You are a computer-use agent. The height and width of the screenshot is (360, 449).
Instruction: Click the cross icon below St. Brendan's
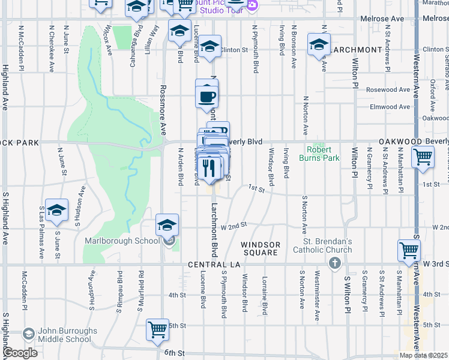(335, 263)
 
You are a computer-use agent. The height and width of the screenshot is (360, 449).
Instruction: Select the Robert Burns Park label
(323, 154)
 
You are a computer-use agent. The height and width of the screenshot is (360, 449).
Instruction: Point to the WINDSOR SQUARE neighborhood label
(261, 248)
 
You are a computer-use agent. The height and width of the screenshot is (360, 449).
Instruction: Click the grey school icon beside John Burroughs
(28, 334)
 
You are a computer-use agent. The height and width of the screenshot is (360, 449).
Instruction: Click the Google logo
(20, 353)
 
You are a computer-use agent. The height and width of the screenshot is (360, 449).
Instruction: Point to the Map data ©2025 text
(423, 355)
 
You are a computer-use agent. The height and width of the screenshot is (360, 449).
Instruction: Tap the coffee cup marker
(207, 96)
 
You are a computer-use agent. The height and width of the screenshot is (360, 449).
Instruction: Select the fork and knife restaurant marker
(208, 166)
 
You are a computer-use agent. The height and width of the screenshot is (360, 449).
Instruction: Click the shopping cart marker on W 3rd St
(409, 251)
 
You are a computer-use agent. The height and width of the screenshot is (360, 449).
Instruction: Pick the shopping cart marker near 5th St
(157, 329)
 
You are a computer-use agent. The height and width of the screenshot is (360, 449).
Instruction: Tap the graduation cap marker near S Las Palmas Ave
(56, 210)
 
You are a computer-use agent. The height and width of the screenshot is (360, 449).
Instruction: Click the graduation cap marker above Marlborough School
(167, 226)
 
